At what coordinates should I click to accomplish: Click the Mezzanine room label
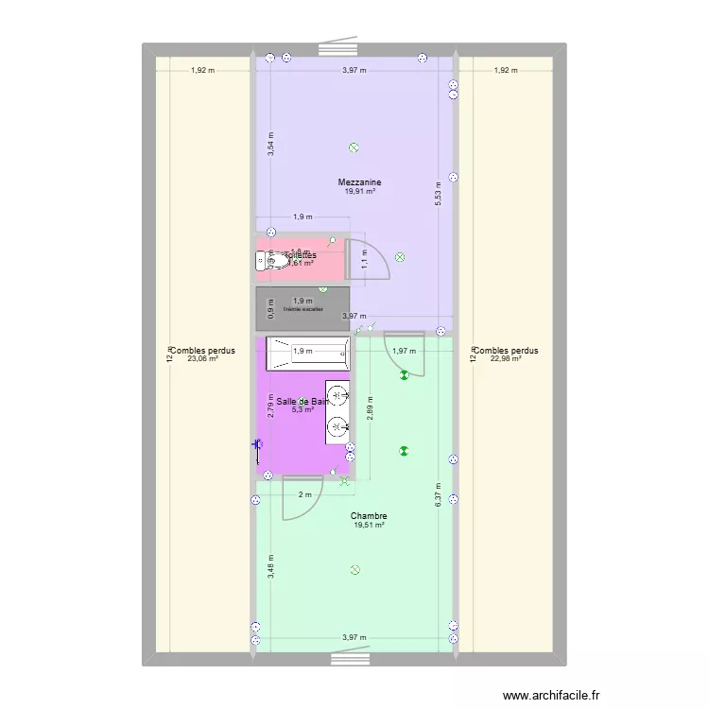pyautogui.click(x=359, y=182)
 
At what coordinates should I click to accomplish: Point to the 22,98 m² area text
pyautogui.click(x=506, y=359)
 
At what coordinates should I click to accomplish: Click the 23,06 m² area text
pyautogui.click(x=203, y=359)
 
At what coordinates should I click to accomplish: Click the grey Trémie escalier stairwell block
pyautogui.click(x=302, y=308)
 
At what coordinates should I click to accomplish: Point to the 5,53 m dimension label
pyautogui.click(x=438, y=193)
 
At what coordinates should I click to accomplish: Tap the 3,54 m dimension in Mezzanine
pyautogui.click(x=270, y=144)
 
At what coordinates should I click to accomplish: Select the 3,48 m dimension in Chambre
pyautogui.click(x=270, y=565)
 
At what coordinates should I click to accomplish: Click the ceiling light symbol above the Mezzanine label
pyautogui.click(x=354, y=148)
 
